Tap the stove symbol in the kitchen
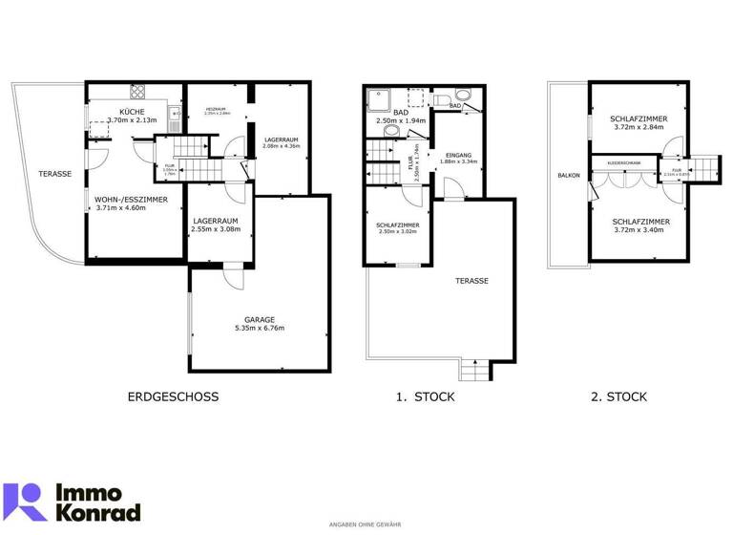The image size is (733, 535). pos(136,93)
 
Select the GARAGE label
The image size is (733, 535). pos(259,319)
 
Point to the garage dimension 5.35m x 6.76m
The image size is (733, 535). pos(259,329)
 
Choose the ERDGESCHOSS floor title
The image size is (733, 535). pos(173,396)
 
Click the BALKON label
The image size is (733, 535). pos(569,176)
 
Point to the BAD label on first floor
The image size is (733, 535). pos(400,112)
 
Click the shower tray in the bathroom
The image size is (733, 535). pos(379,97)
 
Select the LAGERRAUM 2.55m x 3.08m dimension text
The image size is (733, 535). pos(214,229)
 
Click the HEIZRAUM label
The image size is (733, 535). pos(219,108)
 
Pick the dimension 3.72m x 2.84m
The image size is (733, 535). pos(639,128)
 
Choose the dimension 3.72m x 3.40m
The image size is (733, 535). pos(639,230)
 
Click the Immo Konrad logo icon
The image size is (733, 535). pos(26,501)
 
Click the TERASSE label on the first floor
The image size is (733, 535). pos(472,281)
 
